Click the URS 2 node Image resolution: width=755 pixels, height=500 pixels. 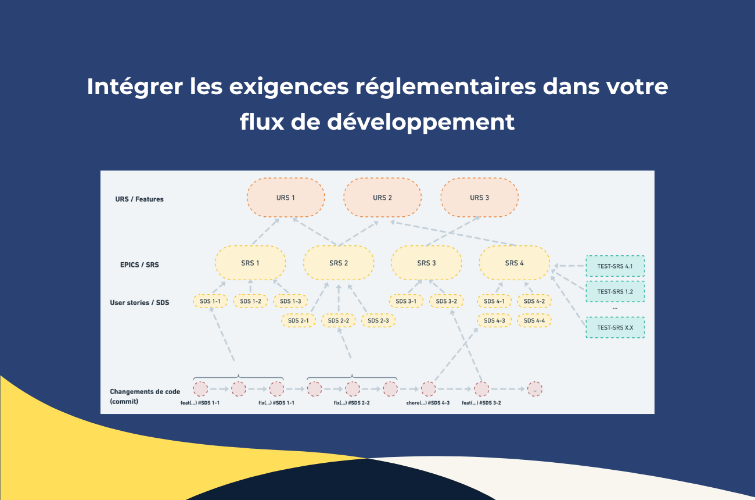tap(382, 198)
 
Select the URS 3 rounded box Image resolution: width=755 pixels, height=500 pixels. tap(479, 198)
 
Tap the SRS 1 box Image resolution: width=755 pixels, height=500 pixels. tap(250, 263)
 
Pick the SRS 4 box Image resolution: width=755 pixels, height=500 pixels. tap(514, 263)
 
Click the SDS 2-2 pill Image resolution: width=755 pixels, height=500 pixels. tap(339, 320)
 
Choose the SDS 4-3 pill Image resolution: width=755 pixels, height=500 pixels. tap(494, 320)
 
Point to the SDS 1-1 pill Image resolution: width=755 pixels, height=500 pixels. tap(210, 301)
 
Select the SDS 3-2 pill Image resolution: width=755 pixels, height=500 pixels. tap(446, 301)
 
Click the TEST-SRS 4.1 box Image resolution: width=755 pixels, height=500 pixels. tap(615, 266)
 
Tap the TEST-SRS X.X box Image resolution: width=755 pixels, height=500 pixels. tap(615, 327)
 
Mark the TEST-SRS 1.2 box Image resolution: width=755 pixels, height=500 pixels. tap(615, 291)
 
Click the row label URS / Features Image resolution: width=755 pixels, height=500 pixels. tap(139, 199)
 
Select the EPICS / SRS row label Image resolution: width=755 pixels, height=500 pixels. tap(139, 265)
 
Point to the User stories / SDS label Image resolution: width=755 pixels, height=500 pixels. tap(139, 303)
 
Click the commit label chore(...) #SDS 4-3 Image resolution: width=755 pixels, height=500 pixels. tap(428, 403)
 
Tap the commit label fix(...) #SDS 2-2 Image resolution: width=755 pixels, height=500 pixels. tap(352, 403)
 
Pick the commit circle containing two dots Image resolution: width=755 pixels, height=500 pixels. tap(534, 389)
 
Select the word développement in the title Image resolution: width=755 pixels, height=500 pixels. tap(420, 122)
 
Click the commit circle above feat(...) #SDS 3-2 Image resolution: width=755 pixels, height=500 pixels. tap(481, 389)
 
